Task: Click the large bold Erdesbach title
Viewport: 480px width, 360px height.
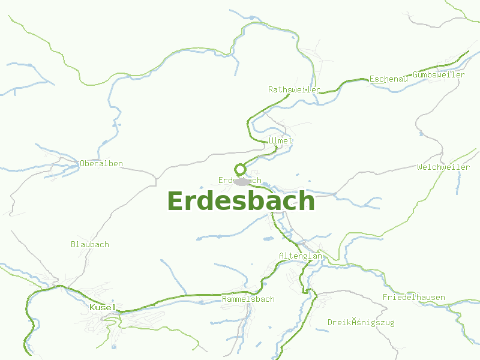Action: point(241,201)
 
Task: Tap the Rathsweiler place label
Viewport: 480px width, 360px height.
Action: point(294,89)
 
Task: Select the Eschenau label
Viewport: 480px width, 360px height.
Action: point(389,79)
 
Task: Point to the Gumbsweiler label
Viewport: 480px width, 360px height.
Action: point(439,75)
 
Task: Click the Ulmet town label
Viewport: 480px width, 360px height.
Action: point(281,140)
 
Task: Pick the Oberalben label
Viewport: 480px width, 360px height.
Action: point(101,163)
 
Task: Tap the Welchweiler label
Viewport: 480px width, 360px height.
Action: point(443,167)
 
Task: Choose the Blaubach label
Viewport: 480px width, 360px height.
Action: point(90,244)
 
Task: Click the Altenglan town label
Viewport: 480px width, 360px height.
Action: point(301,256)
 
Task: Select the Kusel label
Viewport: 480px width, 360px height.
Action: point(101,307)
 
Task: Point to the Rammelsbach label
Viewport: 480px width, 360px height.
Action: point(248,299)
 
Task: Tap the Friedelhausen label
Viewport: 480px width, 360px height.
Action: point(414,298)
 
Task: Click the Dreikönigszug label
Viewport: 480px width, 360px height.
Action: point(361,323)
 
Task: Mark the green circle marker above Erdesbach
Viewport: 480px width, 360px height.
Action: point(240,169)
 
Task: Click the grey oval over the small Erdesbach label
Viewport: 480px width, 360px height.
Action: point(242,181)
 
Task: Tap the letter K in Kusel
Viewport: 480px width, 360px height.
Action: point(92,307)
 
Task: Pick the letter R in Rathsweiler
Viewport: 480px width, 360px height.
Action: point(271,89)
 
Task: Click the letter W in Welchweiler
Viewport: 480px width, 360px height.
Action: point(420,167)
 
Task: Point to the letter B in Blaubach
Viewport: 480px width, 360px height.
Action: point(73,244)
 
